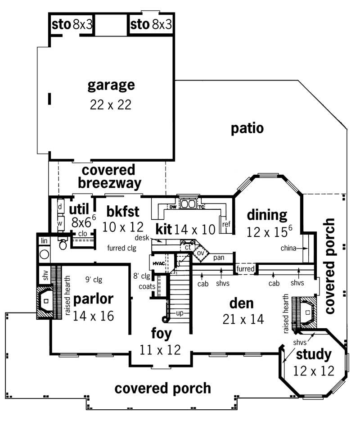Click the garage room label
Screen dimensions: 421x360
[111, 85]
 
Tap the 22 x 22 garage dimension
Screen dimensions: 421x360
[111, 104]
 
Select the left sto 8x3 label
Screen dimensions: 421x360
[72, 24]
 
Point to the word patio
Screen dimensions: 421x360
[247, 128]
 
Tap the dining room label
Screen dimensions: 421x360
[267, 215]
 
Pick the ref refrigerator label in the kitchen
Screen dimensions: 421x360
[226, 224]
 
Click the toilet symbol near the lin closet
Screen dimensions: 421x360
[63, 244]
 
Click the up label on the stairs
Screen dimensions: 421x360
[180, 312]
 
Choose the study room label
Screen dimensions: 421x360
[314, 355]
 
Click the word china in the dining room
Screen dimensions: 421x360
[288, 248]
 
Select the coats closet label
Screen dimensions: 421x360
[147, 286]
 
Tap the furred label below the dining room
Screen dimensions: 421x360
[246, 269]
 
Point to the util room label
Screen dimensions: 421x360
[79, 208]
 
